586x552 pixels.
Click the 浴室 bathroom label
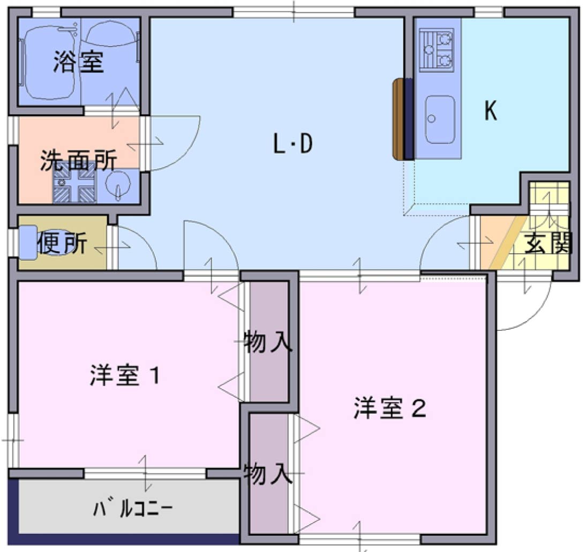coord(78,63)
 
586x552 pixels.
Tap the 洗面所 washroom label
coord(79,160)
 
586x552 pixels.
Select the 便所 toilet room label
coord(62,244)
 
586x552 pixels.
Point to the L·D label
coord(292,145)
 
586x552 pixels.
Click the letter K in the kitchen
coord(490,111)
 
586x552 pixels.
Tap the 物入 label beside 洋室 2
coord(268,474)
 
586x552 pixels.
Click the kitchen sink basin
coord(440,119)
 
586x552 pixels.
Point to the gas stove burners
coord(437,50)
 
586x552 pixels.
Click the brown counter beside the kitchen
coord(398,119)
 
